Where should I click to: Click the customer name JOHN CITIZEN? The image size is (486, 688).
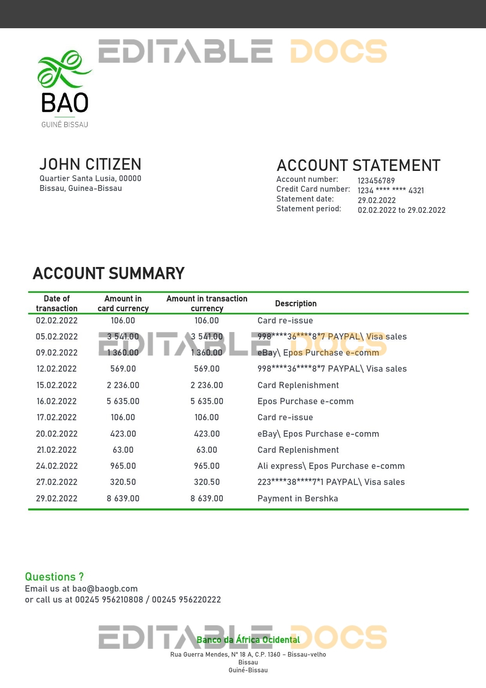click(x=90, y=164)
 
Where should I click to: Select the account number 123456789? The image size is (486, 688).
click(x=376, y=181)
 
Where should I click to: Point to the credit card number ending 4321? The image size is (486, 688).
click(x=390, y=191)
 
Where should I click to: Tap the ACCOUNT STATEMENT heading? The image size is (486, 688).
click(x=358, y=166)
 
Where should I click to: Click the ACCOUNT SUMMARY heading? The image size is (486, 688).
click(x=108, y=274)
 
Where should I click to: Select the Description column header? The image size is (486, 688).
click(x=296, y=303)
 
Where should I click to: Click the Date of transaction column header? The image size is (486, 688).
click(x=57, y=303)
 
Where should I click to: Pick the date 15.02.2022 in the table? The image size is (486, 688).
click(x=57, y=385)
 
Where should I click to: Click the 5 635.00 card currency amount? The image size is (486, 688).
click(x=123, y=401)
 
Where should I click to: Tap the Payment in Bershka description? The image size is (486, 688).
click(x=298, y=498)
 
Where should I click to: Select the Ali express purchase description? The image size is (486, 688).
click(x=331, y=466)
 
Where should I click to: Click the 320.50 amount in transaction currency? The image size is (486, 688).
click(x=207, y=482)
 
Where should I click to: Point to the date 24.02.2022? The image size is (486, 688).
click(x=57, y=466)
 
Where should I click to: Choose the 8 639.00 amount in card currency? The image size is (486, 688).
click(x=123, y=498)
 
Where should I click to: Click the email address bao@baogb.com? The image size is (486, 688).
click(x=105, y=588)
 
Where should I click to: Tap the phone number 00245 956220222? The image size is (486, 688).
click(x=186, y=599)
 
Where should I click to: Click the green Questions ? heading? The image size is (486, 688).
click(x=54, y=577)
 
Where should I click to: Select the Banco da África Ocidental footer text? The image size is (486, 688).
click(x=248, y=640)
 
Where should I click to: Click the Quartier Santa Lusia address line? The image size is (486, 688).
click(x=90, y=178)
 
